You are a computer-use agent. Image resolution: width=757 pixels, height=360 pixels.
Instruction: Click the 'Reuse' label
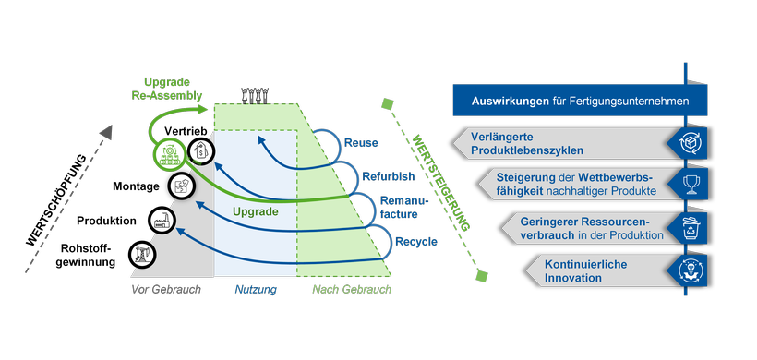360,143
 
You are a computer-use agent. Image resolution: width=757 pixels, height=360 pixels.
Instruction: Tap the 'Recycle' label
416,243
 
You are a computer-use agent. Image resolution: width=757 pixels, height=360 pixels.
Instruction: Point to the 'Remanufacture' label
399,207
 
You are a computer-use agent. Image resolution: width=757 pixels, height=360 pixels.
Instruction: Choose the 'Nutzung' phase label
255,290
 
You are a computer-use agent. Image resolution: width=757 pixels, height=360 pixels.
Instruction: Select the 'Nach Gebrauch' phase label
350,290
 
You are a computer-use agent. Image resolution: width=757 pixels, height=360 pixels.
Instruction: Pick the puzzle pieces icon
183,186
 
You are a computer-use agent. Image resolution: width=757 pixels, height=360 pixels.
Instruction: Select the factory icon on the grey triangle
162,221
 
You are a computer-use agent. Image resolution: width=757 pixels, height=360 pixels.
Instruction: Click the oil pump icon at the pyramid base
140,252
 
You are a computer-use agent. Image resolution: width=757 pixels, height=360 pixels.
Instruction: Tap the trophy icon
689,184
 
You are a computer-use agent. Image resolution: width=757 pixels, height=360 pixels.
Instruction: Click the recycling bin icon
689,227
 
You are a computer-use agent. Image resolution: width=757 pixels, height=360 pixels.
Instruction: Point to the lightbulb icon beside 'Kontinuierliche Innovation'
689,270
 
